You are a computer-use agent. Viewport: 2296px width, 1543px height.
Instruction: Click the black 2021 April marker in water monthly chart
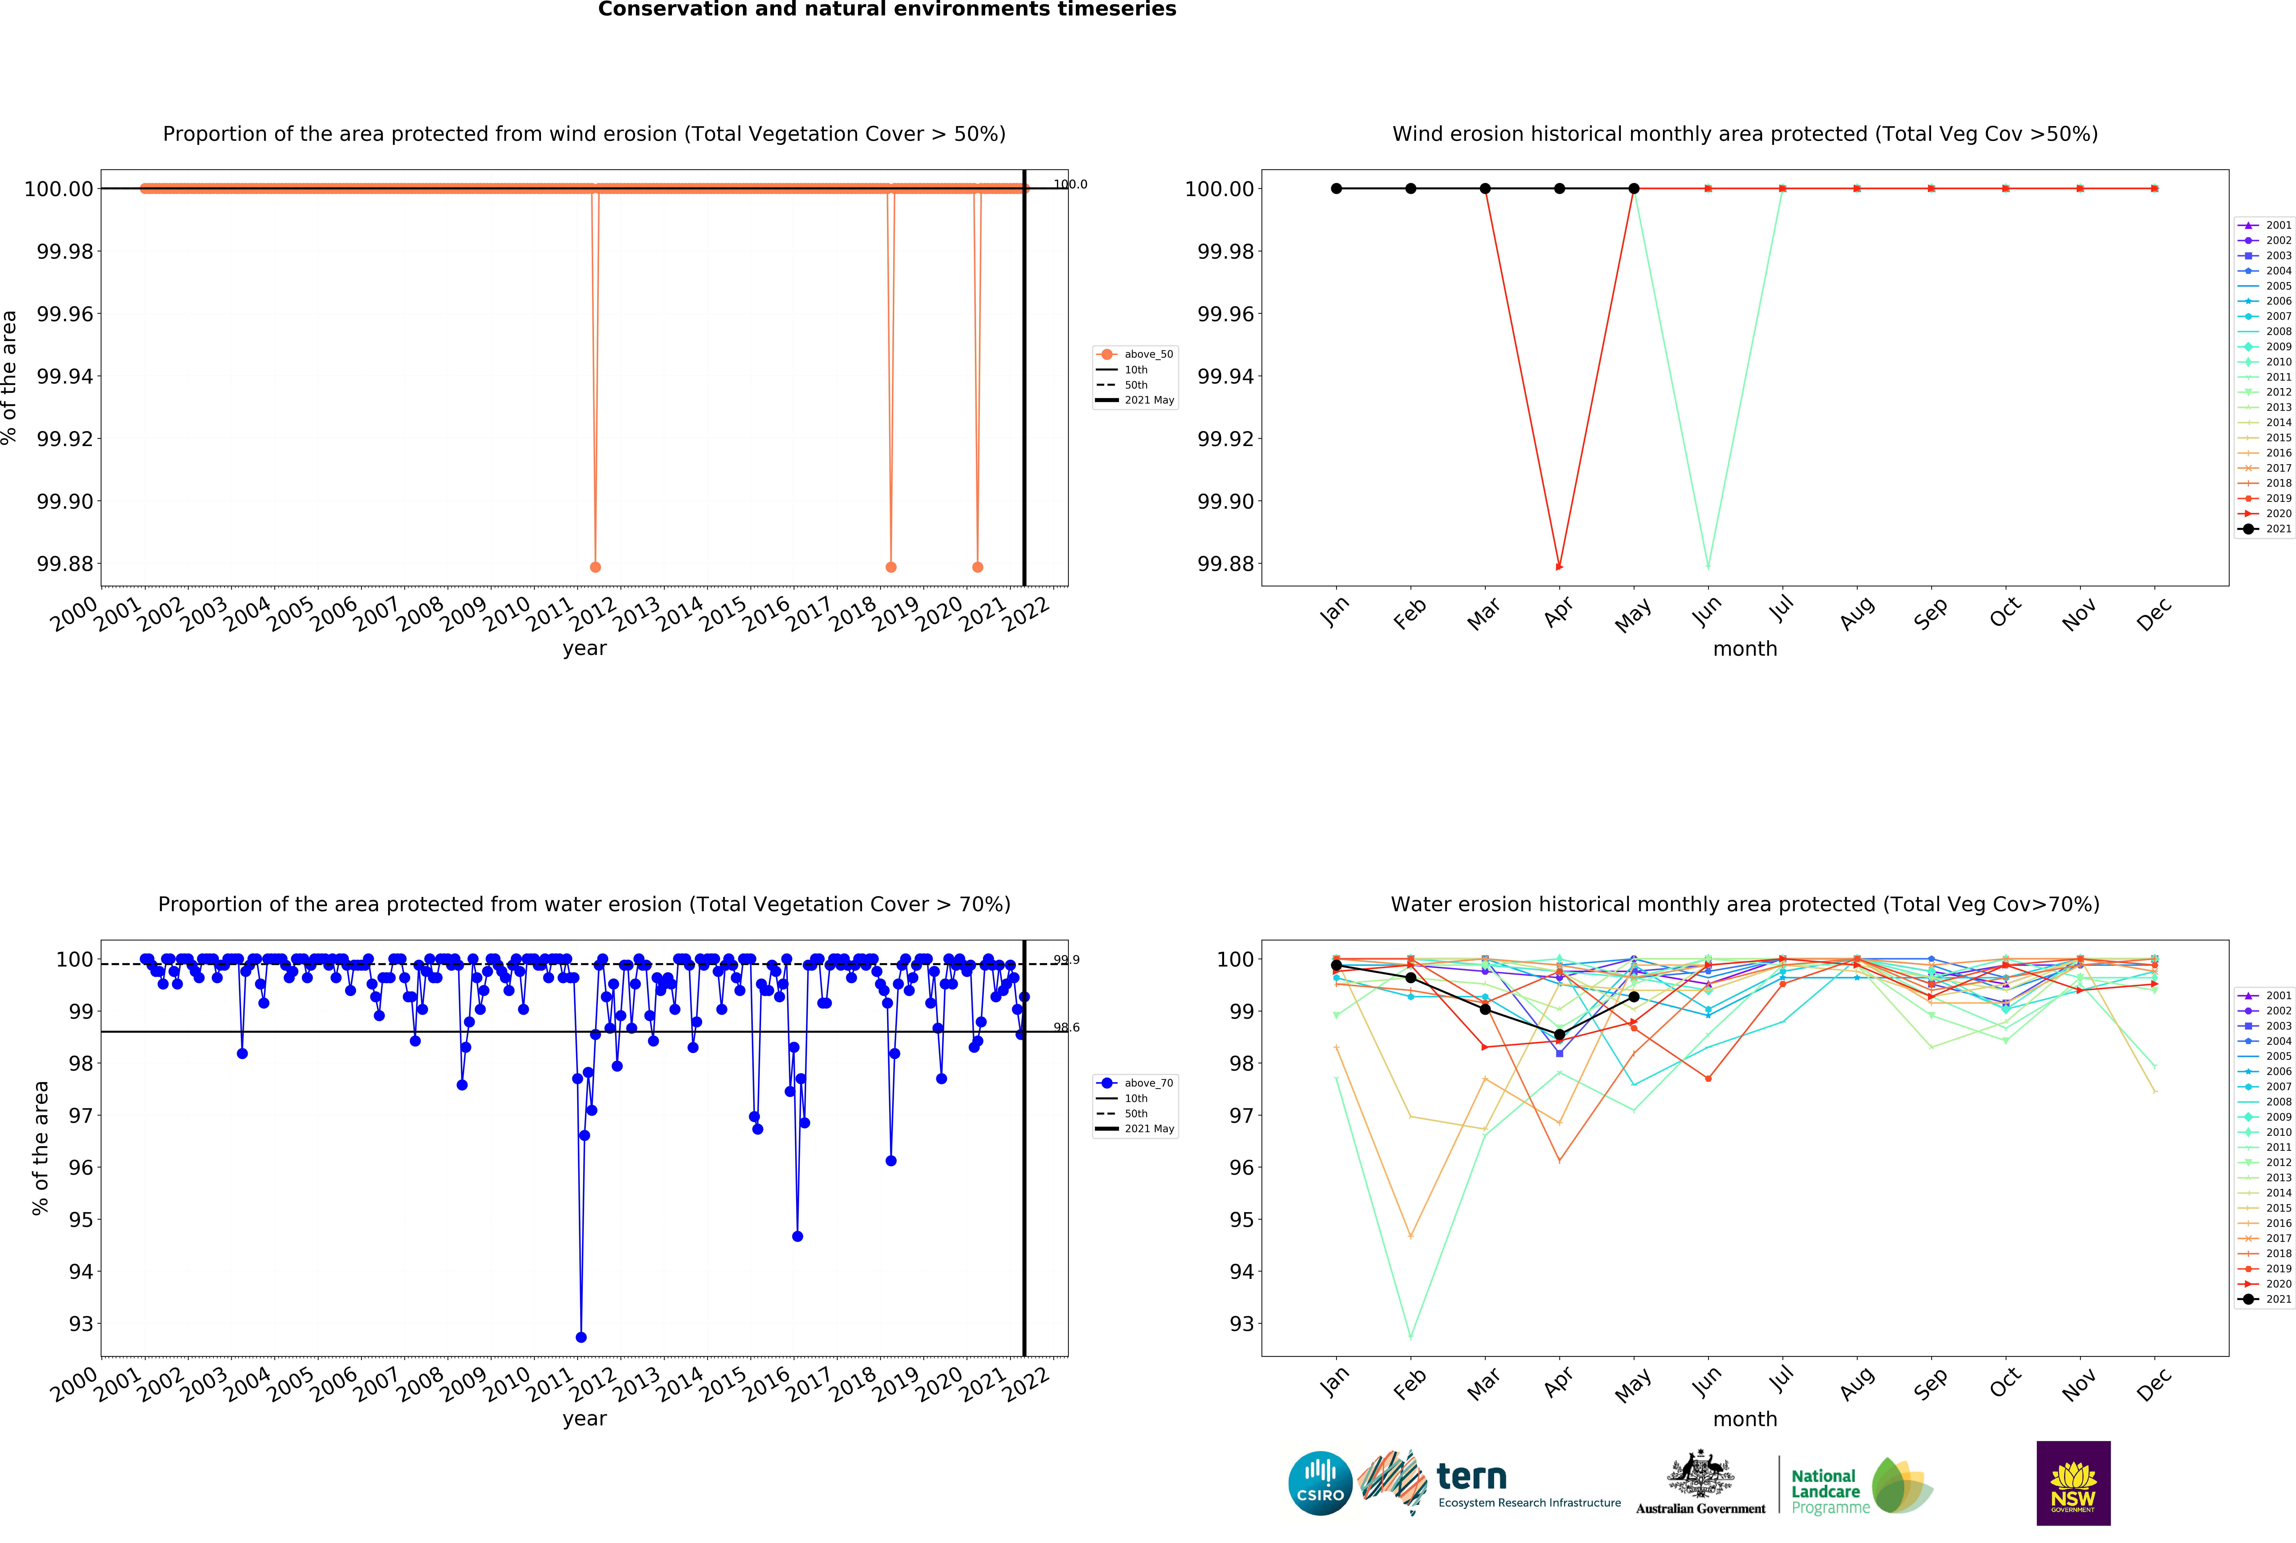click(x=1559, y=1034)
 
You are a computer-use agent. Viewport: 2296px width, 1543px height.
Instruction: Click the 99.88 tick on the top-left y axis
click(x=65, y=564)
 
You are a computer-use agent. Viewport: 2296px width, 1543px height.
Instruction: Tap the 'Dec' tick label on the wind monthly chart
click(x=2151, y=614)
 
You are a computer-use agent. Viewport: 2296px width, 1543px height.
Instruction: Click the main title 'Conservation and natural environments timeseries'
click(x=887, y=10)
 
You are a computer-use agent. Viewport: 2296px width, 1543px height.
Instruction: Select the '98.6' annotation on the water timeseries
click(x=1066, y=1027)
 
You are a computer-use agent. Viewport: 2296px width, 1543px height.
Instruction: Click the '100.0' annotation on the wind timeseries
click(x=1070, y=184)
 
